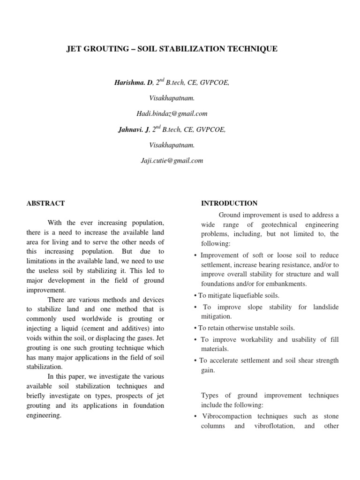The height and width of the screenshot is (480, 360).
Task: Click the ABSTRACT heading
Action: coord(45,203)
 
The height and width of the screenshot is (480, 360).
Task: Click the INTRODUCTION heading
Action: coord(229,203)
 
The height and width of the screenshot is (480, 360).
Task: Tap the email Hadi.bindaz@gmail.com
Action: coord(172,113)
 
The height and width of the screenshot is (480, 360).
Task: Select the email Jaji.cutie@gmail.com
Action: coord(172,160)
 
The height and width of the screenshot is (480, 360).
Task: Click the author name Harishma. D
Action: coord(134,82)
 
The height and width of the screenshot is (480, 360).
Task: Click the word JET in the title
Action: coord(76,49)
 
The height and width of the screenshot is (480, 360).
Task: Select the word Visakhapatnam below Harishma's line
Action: coord(172,98)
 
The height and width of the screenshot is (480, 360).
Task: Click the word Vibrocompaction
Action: coord(224,416)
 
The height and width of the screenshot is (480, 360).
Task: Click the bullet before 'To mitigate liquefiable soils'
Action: coord(195,295)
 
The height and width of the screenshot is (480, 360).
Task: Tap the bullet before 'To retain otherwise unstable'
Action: coord(195,328)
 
